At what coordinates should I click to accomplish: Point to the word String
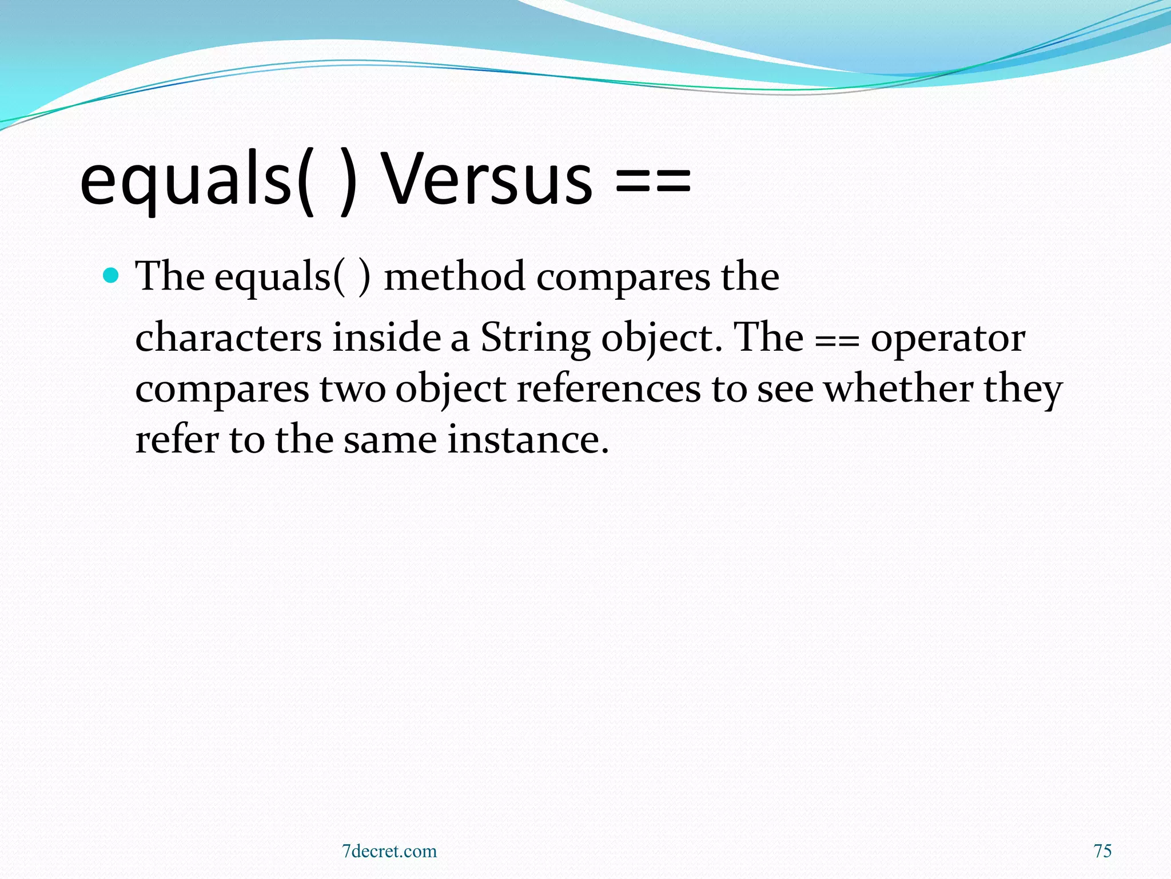click(535, 338)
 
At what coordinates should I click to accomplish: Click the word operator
click(947, 339)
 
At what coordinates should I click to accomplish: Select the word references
click(608, 389)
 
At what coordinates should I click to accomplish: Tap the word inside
click(387, 338)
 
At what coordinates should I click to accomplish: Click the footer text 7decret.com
click(389, 851)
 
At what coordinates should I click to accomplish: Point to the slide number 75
click(1102, 851)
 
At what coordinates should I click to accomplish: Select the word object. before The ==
click(662, 339)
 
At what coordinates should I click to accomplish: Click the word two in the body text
click(352, 389)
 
